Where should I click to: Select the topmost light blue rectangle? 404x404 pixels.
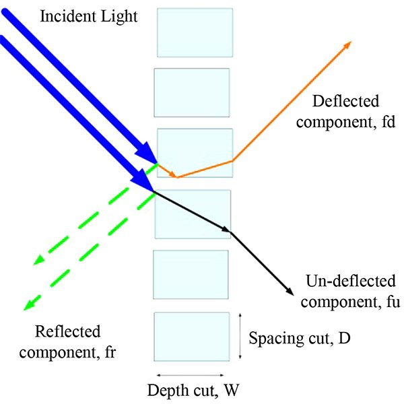pyautogui.click(x=195, y=32)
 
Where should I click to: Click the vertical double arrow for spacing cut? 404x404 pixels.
pyautogui.click(x=240, y=336)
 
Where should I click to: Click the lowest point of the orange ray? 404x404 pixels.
pyautogui.click(x=176, y=177)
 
